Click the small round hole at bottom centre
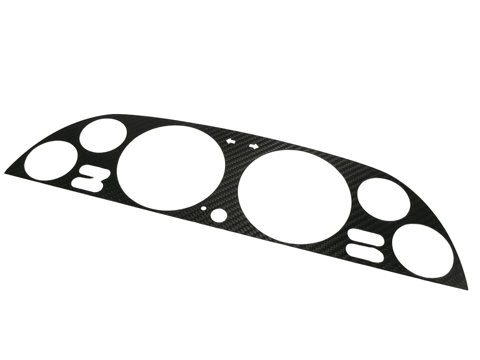[x=218, y=215]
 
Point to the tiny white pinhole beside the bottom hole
[x=204, y=207]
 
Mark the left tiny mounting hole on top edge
[x=230, y=141]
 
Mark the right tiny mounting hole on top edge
[x=253, y=146]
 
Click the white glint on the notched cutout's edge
[x=99, y=188]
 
